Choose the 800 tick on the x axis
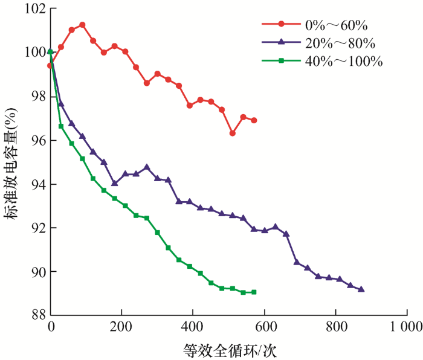click(x=335, y=327)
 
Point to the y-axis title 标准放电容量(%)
click(x=13, y=162)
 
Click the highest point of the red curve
click(x=82, y=25)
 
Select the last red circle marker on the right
click(x=254, y=120)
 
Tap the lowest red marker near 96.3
click(x=232, y=133)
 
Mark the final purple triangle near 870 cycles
click(x=361, y=289)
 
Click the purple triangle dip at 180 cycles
click(x=114, y=183)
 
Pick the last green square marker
click(x=254, y=292)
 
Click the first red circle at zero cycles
click(x=50, y=65)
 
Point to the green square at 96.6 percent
click(x=61, y=126)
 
